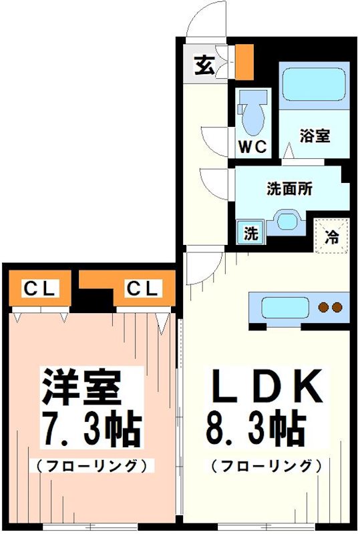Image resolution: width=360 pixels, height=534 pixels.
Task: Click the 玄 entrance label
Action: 205,65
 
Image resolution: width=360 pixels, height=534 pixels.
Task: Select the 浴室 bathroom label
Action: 315,136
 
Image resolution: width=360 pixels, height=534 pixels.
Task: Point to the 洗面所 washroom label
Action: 289,189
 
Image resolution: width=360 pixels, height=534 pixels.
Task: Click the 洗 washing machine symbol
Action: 250,234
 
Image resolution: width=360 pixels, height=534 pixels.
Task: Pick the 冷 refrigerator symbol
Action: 331,235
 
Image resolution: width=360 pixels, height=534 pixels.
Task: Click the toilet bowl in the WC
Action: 252,115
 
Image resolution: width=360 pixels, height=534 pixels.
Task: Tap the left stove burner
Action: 324,308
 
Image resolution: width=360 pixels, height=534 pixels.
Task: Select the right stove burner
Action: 337,308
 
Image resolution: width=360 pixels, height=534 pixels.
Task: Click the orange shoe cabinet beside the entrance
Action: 244,60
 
